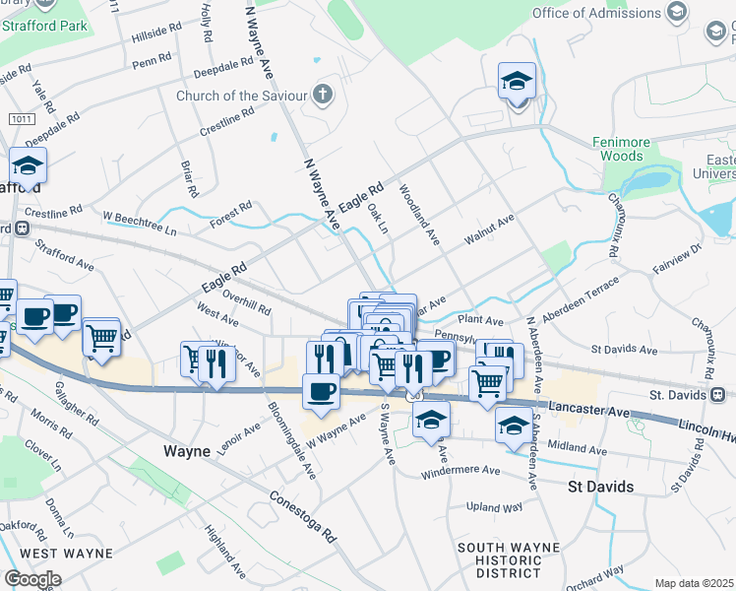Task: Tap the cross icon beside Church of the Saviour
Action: click(x=322, y=96)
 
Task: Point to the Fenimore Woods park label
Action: click(x=623, y=149)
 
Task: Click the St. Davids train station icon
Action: click(x=719, y=395)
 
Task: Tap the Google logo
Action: click(x=32, y=578)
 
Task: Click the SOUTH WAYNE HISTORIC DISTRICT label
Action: click(x=508, y=559)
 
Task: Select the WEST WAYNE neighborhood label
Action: click(x=57, y=553)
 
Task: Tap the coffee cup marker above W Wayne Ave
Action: click(x=321, y=392)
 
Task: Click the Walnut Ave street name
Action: click(x=490, y=230)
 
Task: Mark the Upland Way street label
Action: click(x=493, y=506)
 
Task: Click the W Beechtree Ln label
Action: click(x=140, y=223)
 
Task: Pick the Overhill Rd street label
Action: click(x=247, y=300)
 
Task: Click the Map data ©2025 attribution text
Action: click(x=693, y=583)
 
